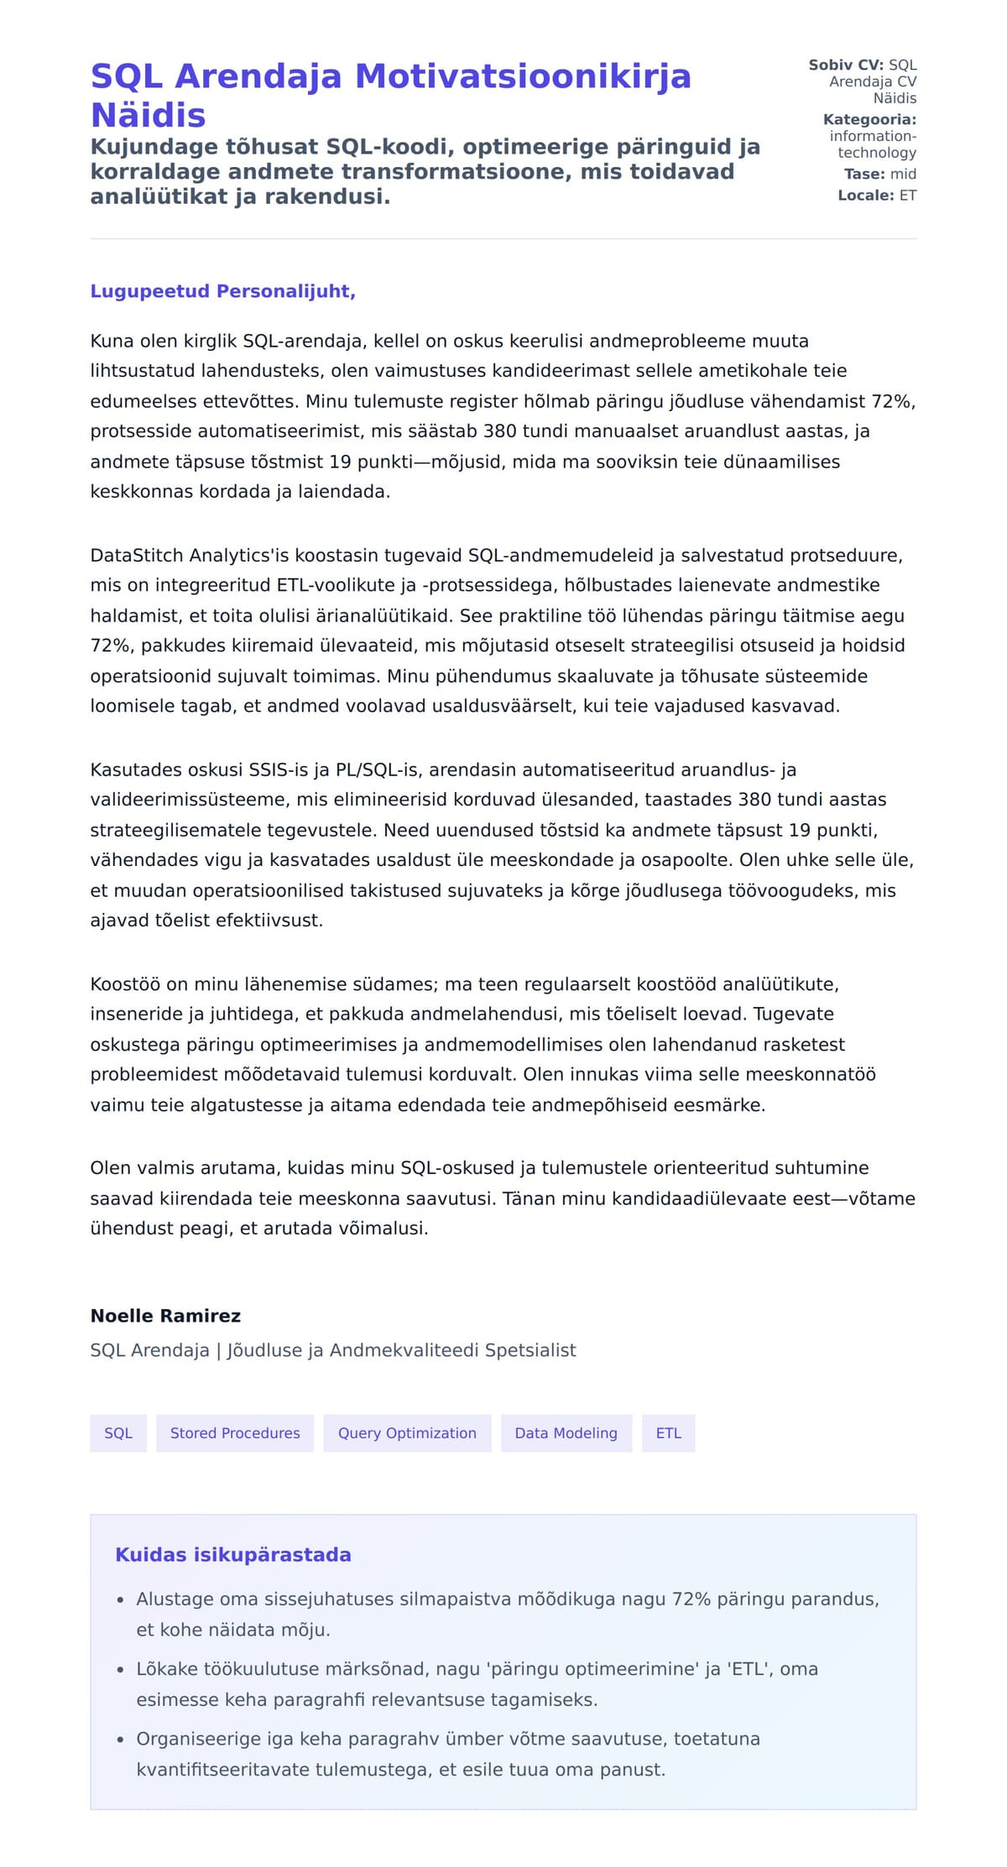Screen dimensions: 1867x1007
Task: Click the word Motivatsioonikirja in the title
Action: tap(523, 76)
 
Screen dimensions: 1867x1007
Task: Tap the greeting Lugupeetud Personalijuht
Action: tap(222, 291)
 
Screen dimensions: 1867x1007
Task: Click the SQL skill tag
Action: tap(118, 1433)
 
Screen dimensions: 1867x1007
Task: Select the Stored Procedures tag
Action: tap(235, 1433)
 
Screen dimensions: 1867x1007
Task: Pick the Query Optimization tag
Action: tap(407, 1433)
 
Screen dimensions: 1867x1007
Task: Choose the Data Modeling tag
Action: tap(566, 1433)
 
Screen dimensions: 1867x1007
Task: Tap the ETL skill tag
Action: tap(668, 1433)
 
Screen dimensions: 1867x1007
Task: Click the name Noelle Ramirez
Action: tap(165, 1316)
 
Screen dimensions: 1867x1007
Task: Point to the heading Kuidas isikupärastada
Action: tap(232, 1555)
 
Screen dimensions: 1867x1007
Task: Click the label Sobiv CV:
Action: tap(846, 65)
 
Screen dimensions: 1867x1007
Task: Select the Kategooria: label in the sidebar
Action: tap(869, 119)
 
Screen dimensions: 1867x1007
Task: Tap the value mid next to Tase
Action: tap(903, 174)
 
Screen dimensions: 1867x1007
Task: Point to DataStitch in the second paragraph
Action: tap(137, 555)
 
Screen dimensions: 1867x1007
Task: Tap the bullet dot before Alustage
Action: tap(121, 1600)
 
